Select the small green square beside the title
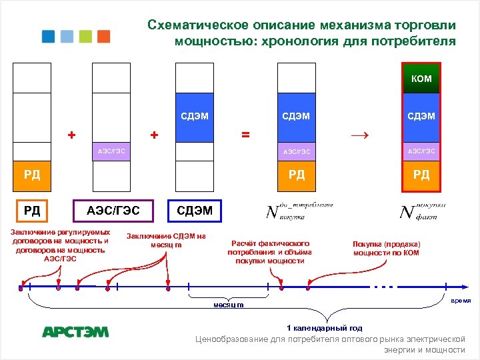click(85, 37)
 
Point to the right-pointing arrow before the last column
click(359, 135)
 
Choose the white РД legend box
click(32, 211)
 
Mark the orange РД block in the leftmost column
click(32, 175)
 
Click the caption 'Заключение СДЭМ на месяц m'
click(166, 240)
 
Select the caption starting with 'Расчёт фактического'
click(269, 251)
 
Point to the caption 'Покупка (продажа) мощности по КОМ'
click(387, 248)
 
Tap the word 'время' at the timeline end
click(461, 301)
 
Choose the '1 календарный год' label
click(324, 328)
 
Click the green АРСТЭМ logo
click(75, 331)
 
